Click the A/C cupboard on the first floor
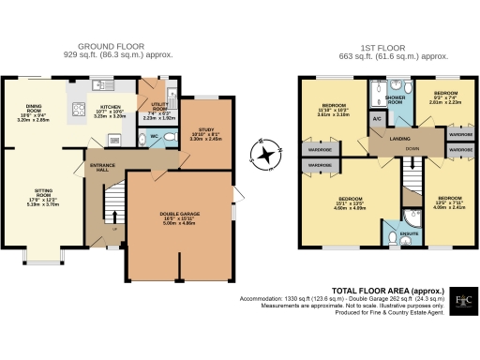pos(376,119)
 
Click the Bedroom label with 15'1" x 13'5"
pos(351,202)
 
